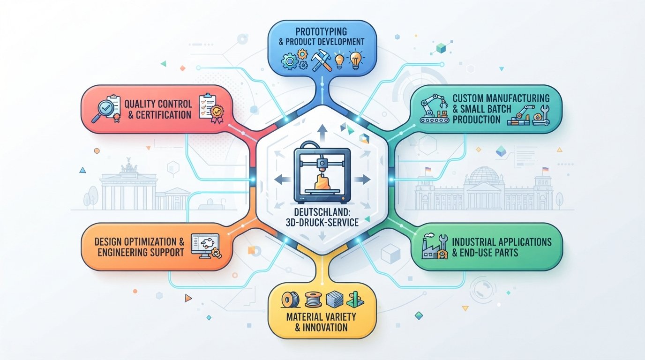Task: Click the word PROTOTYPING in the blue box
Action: point(321,31)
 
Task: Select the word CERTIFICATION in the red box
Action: point(163,115)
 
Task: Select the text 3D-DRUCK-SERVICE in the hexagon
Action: point(322,222)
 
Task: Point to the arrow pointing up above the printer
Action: point(322,132)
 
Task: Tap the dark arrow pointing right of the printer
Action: point(362,180)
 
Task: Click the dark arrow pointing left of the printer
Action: point(283,180)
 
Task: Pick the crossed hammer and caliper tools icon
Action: point(322,60)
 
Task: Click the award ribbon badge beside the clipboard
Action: point(217,113)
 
